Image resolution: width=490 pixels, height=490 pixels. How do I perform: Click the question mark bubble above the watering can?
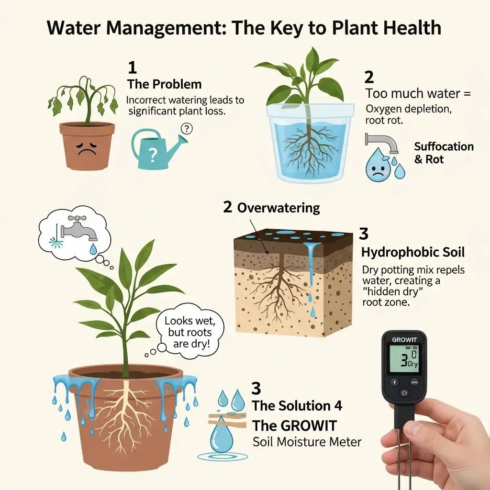pyautogui.click(x=187, y=128)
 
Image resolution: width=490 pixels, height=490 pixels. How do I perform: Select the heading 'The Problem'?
pyautogui.click(x=164, y=84)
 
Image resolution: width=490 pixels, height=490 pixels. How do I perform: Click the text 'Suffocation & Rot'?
pyautogui.click(x=444, y=153)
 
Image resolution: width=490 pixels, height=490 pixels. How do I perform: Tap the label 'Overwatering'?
pyautogui.click(x=278, y=208)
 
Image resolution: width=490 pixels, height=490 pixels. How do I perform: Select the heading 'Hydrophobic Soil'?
pyautogui.click(x=412, y=252)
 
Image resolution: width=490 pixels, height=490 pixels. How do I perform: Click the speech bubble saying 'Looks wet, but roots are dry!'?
pyautogui.click(x=187, y=332)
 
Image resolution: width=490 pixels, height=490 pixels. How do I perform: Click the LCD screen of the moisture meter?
pyautogui.click(x=404, y=359)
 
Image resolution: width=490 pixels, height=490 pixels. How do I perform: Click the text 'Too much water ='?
pyautogui.click(x=418, y=93)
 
